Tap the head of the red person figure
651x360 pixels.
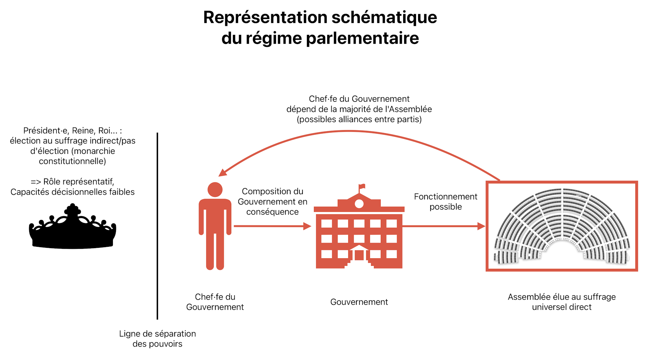point(215,189)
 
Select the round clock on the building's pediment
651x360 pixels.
point(359,204)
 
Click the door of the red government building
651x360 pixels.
point(359,255)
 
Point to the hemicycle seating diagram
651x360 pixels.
point(562,226)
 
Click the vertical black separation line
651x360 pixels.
point(157,226)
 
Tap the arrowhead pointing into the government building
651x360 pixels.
point(307,226)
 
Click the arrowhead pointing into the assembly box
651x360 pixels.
point(481,226)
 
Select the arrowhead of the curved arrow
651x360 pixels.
point(222,173)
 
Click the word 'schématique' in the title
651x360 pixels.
point(384,17)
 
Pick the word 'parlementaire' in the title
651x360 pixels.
point(362,38)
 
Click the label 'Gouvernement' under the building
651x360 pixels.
point(359,302)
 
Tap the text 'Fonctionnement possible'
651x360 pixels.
point(446,202)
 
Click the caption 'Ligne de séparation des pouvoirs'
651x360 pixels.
point(157,339)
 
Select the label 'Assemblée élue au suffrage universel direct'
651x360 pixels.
point(562,302)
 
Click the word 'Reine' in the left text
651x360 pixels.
point(83,131)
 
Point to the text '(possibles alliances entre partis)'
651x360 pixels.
point(359,119)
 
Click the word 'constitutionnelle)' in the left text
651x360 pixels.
point(73,161)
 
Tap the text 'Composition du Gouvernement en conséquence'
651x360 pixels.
point(273,201)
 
